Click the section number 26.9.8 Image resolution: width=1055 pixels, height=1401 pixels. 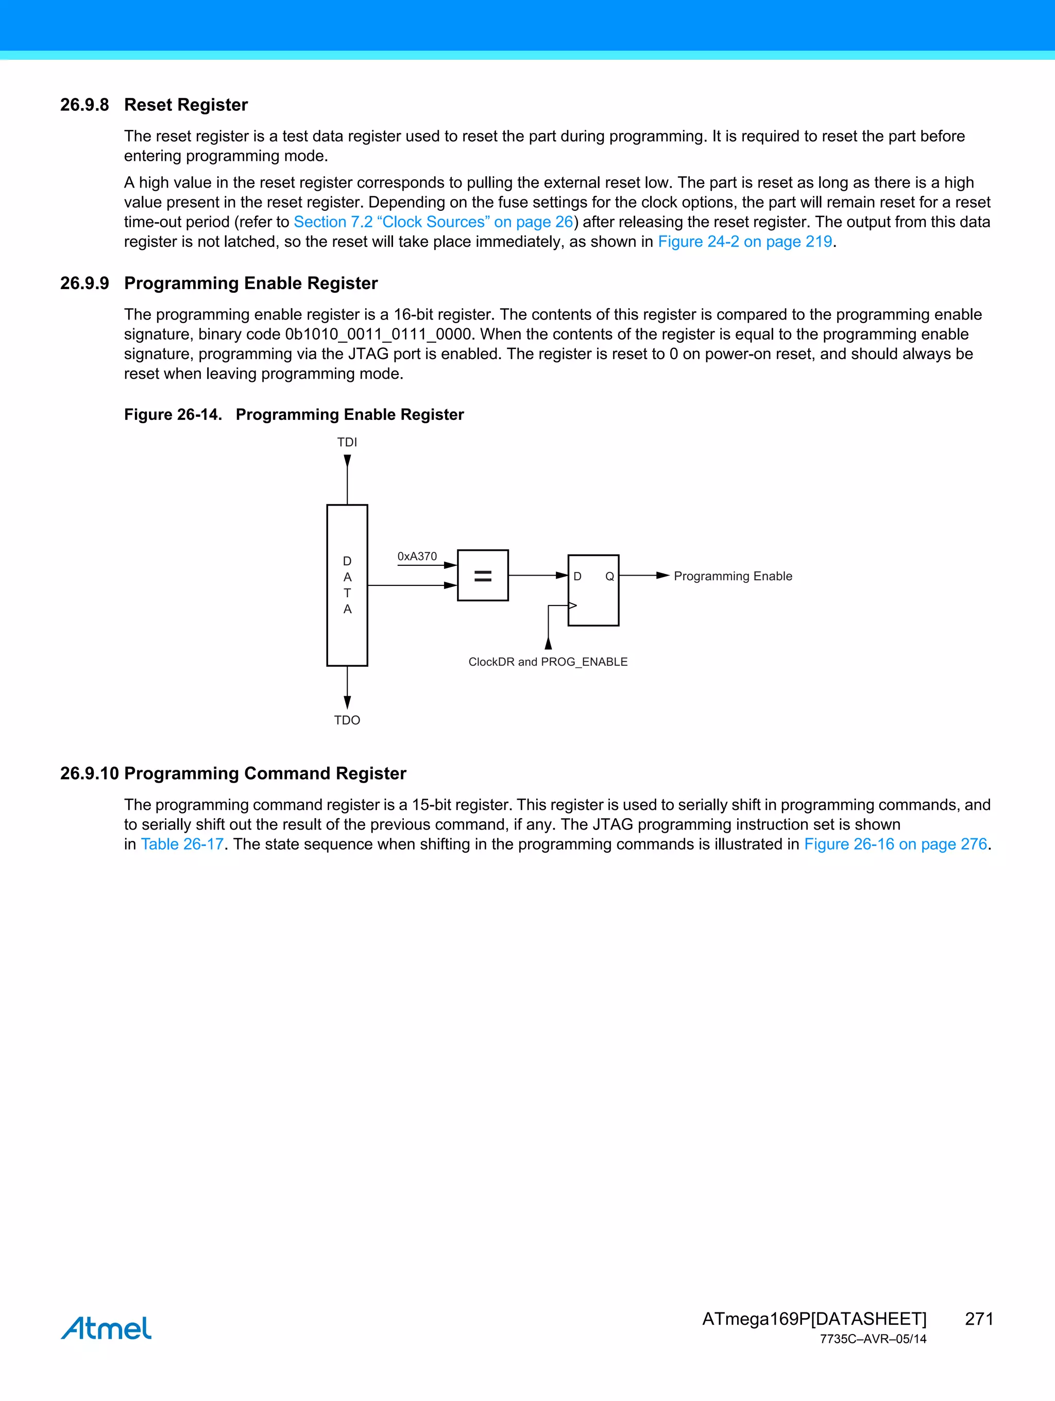(84, 105)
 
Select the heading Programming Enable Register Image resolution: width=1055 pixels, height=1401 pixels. (251, 283)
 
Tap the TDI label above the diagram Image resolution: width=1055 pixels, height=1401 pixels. (347, 442)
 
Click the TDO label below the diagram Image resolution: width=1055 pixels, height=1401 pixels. (347, 720)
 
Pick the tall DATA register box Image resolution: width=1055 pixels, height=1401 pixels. (347, 585)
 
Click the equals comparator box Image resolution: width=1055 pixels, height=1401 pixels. (483, 575)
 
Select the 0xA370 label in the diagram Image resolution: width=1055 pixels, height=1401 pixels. (417, 556)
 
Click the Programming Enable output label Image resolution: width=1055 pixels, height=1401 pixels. (733, 576)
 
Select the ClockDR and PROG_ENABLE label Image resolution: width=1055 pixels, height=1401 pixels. (548, 662)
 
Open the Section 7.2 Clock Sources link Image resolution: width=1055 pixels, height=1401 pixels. (433, 222)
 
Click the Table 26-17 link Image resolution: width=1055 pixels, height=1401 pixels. (182, 845)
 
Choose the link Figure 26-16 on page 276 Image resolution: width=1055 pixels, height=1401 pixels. (895, 845)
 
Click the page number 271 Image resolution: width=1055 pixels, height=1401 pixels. (978, 1319)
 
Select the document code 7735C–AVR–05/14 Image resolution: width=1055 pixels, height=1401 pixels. (873, 1339)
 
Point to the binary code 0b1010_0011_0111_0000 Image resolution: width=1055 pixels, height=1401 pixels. (379, 334)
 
